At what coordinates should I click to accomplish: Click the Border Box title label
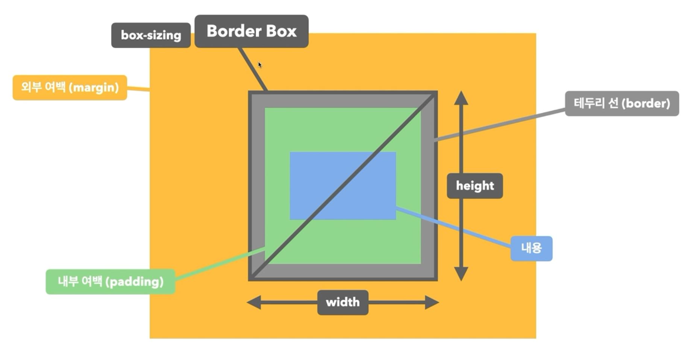point(251,31)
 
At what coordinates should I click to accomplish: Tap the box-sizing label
point(151,35)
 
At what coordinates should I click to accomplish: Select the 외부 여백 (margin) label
point(70,88)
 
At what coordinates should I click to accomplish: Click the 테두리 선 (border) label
point(621,103)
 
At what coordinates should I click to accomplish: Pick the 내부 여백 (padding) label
point(111,282)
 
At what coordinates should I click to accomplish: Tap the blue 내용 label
point(531,248)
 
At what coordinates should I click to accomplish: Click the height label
point(474,186)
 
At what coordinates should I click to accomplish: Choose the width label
point(343,302)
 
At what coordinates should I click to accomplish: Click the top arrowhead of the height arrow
point(461,97)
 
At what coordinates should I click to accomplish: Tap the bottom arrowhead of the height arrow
point(461,274)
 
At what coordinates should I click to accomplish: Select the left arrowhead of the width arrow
point(254,302)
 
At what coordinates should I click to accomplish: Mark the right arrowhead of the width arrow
point(431,302)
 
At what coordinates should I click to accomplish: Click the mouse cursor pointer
point(260,64)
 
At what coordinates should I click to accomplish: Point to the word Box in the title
point(281,31)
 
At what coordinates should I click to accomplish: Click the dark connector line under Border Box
point(253,69)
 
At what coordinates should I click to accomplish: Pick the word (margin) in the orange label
point(98,88)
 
